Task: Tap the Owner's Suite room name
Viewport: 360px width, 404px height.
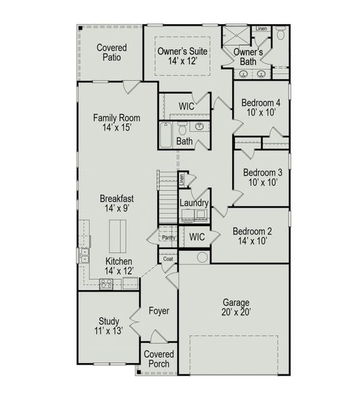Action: pos(182,51)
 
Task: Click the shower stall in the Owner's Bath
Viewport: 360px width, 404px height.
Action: pos(236,35)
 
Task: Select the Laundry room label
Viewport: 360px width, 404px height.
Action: pos(194,203)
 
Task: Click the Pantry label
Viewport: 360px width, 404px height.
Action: pos(168,238)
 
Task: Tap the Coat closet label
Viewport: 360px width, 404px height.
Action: pos(168,259)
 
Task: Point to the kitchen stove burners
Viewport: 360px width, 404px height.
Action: pos(106,283)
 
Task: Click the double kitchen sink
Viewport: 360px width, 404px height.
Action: pos(84,255)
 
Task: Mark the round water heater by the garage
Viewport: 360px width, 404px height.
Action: pos(202,257)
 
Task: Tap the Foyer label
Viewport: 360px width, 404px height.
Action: pos(159,311)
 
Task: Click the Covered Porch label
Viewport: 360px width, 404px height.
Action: pos(159,360)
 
